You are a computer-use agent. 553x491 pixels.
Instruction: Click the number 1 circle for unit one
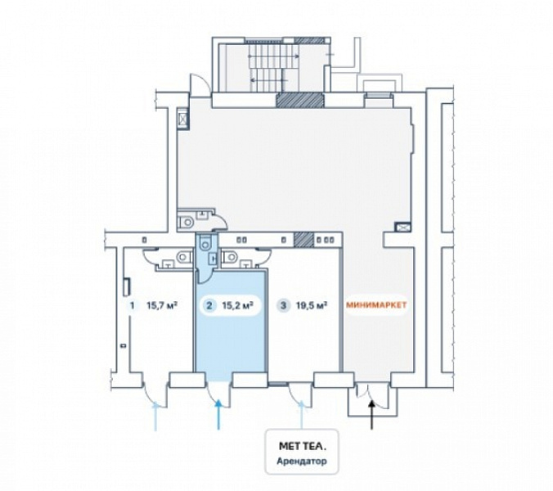point(133,305)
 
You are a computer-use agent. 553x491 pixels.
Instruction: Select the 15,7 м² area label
point(162,304)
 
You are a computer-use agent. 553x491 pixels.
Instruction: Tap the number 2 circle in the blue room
point(209,305)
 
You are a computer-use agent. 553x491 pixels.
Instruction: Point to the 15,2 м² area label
point(238,304)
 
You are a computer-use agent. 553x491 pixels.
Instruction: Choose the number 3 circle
point(283,305)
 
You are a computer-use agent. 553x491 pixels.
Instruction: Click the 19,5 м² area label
point(312,304)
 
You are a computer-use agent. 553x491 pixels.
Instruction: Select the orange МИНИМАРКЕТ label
point(376,305)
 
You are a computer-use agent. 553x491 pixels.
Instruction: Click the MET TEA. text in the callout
point(303,446)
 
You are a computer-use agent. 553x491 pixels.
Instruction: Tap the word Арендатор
point(302,461)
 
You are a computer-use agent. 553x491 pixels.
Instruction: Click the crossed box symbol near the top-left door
point(183,119)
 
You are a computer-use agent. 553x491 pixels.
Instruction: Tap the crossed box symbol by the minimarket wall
point(402,227)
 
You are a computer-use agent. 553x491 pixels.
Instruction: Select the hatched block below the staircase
point(299,100)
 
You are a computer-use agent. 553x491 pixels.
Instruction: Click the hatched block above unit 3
point(303,240)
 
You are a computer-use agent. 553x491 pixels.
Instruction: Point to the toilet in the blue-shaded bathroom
point(205,242)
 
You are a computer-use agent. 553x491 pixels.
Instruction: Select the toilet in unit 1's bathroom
point(184,256)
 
